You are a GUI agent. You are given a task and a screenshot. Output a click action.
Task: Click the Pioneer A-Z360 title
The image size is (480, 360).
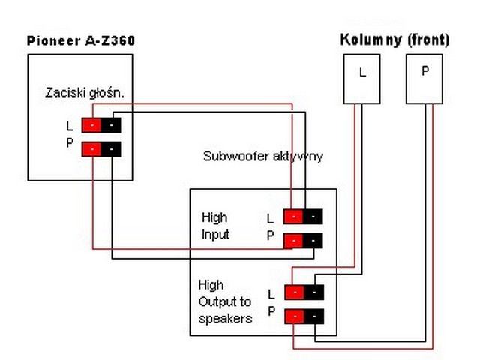tap(81, 40)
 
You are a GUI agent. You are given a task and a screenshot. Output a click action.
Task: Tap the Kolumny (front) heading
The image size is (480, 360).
tap(394, 40)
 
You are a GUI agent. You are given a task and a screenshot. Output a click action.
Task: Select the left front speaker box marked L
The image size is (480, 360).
tap(361, 79)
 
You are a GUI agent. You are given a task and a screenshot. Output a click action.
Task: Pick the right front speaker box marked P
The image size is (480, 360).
tap(424, 79)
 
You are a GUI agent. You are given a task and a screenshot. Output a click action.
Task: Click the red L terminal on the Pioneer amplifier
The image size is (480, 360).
tap(91, 125)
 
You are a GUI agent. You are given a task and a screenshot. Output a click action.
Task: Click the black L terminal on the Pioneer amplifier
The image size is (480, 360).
tap(111, 125)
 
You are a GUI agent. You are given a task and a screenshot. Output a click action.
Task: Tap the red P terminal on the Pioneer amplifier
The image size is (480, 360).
tap(91, 149)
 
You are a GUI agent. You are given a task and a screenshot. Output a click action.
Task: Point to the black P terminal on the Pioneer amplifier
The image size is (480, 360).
tap(111, 149)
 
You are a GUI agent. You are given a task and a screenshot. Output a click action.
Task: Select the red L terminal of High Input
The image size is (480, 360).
tap(293, 217)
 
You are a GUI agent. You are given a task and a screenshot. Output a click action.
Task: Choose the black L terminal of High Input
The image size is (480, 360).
tap(313, 217)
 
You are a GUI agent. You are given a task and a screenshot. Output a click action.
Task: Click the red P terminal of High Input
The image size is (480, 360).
tap(293, 241)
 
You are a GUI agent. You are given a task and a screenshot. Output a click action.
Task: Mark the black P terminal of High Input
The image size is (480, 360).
tap(313, 241)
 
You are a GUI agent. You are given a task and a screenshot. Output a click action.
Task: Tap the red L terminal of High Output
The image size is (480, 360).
tap(295, 292)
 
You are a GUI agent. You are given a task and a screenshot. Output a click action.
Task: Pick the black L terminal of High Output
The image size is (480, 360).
tap(314, 292)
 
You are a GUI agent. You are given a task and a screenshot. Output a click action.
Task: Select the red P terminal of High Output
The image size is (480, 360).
tap(295, 316)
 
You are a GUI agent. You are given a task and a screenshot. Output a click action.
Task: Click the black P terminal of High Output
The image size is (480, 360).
tap(314, 316)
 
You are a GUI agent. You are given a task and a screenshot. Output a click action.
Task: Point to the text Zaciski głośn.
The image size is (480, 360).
tap(85, 93)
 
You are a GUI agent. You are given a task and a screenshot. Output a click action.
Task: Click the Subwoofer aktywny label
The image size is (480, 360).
tap(263, 157)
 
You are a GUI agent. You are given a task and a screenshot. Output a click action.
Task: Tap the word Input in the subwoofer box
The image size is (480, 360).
tap(215, 235)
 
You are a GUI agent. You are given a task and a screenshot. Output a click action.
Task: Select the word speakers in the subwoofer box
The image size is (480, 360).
tap(225, 319)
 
